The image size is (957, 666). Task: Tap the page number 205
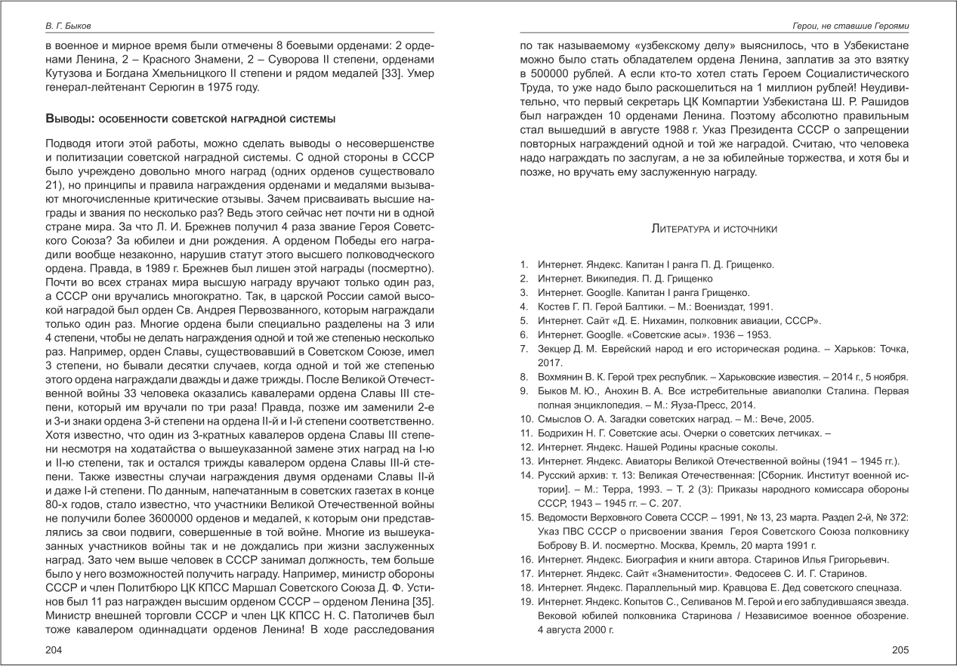pyautogui.click(x=900, y=650)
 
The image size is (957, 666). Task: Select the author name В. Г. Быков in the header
pyautogui.click(x=66, y=26)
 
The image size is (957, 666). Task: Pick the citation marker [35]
pyautogui.click(x=421, y=600)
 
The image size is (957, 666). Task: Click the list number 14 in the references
pyautogui.click(x=526, y=474)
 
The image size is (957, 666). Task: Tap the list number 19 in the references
pyautogui.click(x=526, y=601)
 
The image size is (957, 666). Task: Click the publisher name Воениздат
pyautogui.click(x=712, y=307)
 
